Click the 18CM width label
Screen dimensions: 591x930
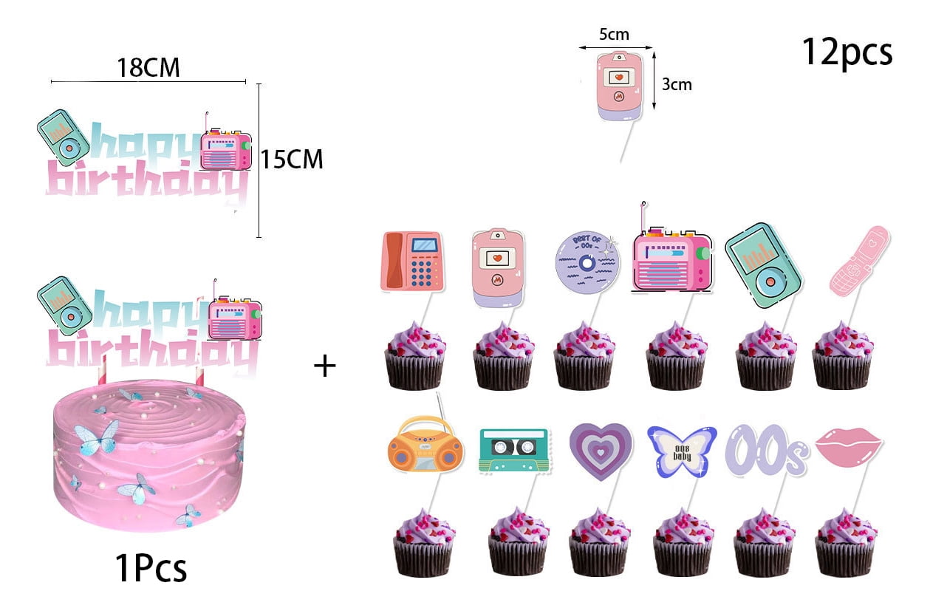[x=148, y=68]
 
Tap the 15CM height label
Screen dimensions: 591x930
[x=293, y=160]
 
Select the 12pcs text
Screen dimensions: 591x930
[x=847, y=52]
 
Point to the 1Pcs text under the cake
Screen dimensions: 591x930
[x=151, y=568]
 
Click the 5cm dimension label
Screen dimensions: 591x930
[x=614, y=35]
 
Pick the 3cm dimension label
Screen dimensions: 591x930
[x=677, y=84]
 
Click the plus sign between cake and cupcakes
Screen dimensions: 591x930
[x=324, y=366]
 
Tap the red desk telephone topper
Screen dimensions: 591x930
[x=412, y=261]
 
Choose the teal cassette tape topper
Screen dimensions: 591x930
[x=513, y=449]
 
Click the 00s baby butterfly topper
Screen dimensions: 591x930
[x=681, y=449]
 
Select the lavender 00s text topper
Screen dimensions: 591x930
[x=765, y=451]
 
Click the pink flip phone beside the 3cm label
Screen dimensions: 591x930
[x=618, y=86]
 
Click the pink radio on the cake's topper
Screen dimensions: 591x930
[x=235, y=319]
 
